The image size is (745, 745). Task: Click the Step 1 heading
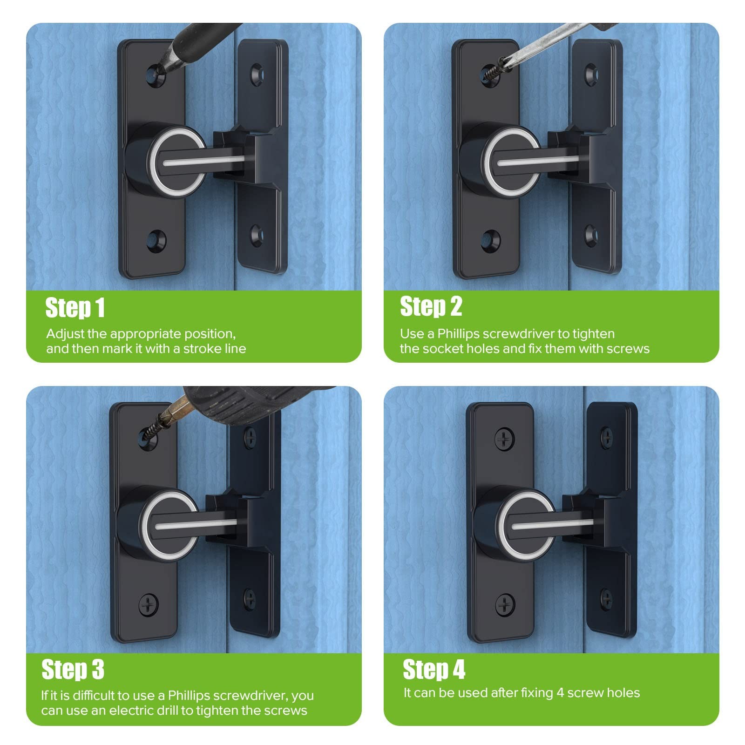coord(75,308)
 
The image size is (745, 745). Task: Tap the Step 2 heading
coord(431,306)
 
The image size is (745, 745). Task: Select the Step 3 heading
coord(73,670)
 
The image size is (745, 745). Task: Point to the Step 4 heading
coord(434,670)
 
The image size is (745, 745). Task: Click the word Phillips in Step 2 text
coord(459,334)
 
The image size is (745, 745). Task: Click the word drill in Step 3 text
coord(182,710)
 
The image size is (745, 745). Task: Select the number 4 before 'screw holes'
coord(560,693)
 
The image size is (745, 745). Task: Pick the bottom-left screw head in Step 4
coord(504,604)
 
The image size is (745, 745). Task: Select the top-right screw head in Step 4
coord(607,435)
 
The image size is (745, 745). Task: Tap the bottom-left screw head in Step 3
coord(149,604)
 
